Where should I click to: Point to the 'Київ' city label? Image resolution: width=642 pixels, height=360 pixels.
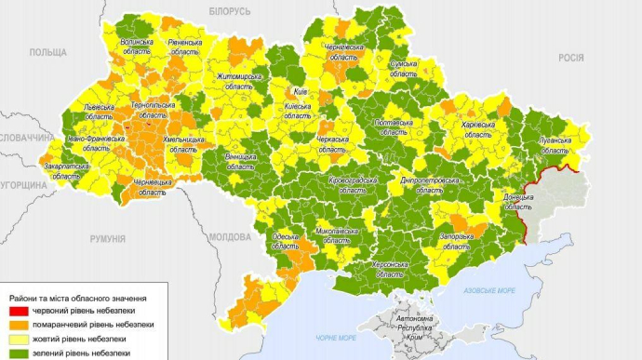click(300, 93)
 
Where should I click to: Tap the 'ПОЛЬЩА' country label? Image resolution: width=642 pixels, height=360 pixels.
click(47, 53)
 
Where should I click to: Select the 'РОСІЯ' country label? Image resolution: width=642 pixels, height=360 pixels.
click(570, 57)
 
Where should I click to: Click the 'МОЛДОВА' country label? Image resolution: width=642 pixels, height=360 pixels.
click(230, 237)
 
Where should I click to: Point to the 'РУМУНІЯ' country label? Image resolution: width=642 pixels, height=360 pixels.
click(107, 239)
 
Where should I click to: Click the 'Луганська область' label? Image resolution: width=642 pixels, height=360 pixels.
click(555, 144)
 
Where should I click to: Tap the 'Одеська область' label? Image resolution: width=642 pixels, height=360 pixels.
click(286, 242)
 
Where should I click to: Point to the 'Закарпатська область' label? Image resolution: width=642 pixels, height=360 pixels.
click(66, 170)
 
